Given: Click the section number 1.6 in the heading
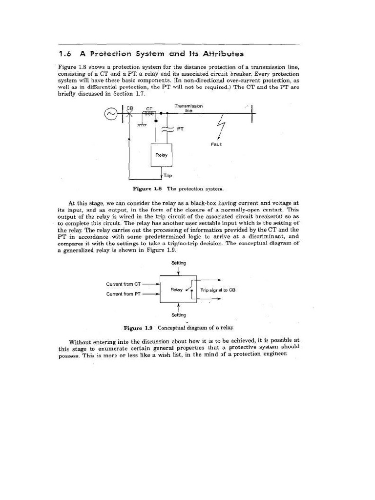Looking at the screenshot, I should pyautogui.click(x=65, y=54).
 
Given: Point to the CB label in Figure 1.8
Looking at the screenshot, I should pyautogui.click(x=130, y=108).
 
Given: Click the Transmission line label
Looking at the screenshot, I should pyautogui.click(x=188, y=108).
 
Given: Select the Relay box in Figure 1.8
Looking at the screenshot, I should pyautogui.click(x=161, y=155).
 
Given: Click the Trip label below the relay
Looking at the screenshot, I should pyautogui.click(x=167, y=175).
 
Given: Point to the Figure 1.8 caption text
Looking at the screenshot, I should pyautogui.click(x=178, y=188).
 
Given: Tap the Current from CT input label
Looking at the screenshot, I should pyautogui.click(x=124, y=284).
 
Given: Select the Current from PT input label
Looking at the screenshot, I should pyautogui.click(x=124, y=294).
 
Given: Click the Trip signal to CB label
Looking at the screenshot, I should pyautogui.click(x=218, y=290).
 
